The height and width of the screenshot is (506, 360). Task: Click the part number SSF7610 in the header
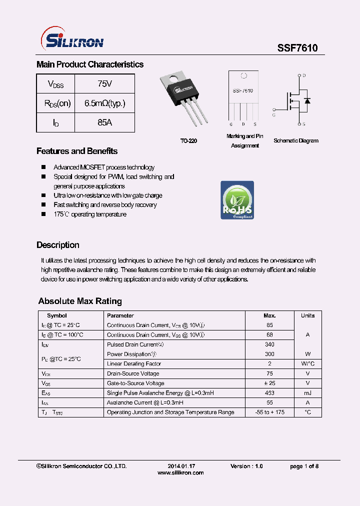[x=297, y=47]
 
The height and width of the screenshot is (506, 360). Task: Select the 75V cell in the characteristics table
[x=104, y=83]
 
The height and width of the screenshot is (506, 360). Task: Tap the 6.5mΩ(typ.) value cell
[x=104, y=103]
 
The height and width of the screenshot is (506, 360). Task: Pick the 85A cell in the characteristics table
[x=104, y=122]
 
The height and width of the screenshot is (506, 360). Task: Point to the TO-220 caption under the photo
[x=188, y=141]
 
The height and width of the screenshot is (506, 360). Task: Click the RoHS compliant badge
[x=237, y=200]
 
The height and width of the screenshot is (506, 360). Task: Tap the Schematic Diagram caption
[x=295, y=141]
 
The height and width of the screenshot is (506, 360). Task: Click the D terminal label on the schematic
[x=304, y=75]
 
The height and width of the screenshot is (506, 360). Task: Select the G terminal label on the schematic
[x=274, y=114]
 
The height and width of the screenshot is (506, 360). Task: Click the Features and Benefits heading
[x=77, y=151]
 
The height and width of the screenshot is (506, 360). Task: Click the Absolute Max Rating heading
[x=80, y=301]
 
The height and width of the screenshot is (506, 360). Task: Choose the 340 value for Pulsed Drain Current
[x=269, y=344]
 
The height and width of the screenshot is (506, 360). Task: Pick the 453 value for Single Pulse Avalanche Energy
[x=269, y=393]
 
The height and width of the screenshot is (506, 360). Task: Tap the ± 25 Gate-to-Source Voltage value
[x=269, y=383]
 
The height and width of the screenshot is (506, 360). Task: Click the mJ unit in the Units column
[x=307, y=393]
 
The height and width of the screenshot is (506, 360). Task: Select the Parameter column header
[x=120, y=315]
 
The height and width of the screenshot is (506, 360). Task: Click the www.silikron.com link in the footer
[x=180, y=472]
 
